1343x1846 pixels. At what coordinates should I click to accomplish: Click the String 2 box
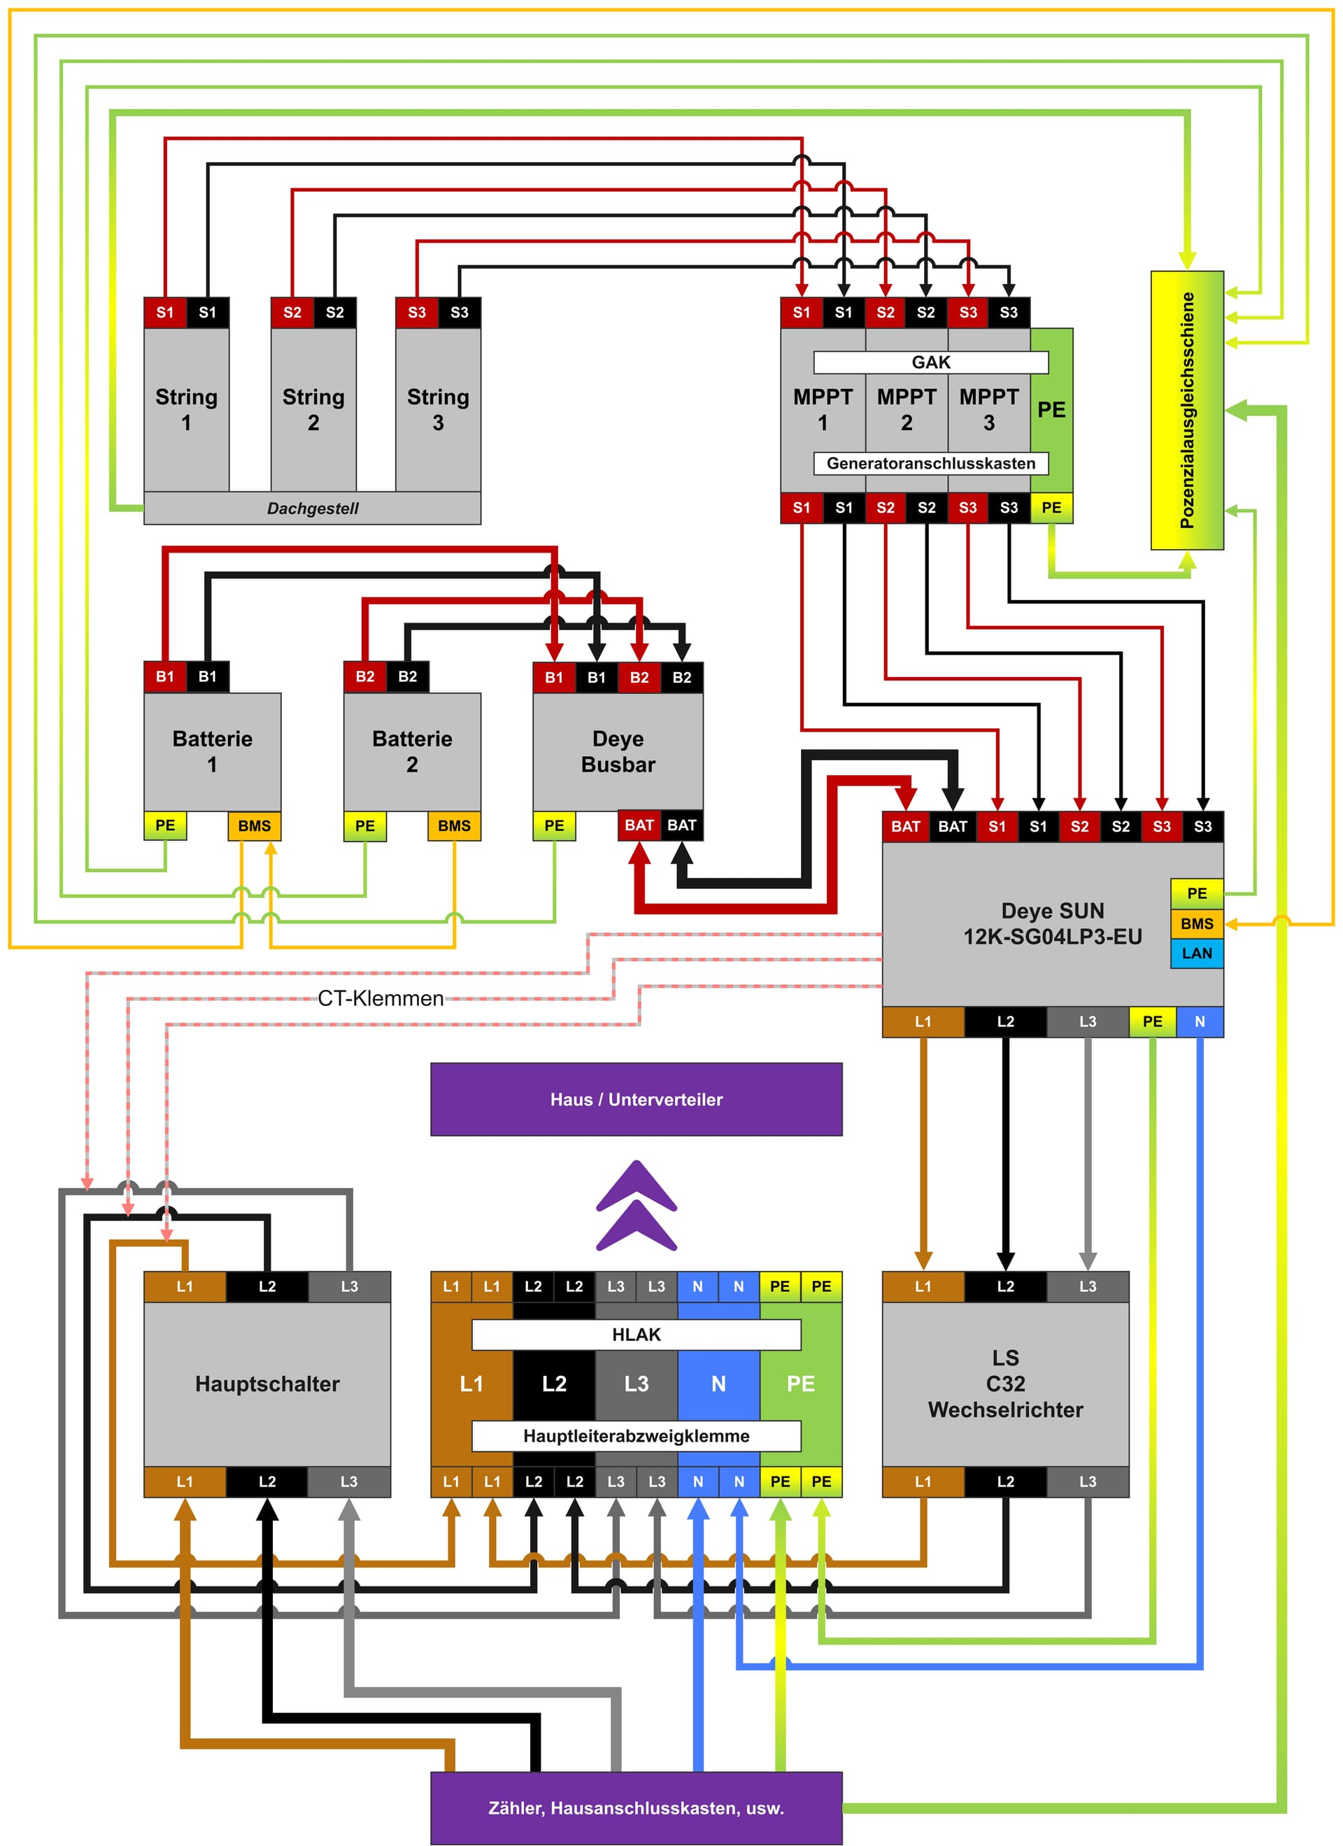tap(313, 409)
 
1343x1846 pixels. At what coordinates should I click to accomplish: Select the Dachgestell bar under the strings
tap(313, 508)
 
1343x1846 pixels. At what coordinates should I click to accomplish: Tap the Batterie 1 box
tap(213, 751)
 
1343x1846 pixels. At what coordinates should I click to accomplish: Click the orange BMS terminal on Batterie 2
tap(454, 825)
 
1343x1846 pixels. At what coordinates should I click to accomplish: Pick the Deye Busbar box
tap(618, 751)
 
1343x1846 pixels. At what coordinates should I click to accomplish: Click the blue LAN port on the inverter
tap(1197, 953)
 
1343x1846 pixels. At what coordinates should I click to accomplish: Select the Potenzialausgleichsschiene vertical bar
tap(1187, 410)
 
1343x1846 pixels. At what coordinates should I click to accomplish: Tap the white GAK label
tap(931, 362)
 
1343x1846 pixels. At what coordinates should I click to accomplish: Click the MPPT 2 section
tap(907, 409)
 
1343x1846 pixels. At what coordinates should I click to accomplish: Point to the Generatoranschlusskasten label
tap(931, 463)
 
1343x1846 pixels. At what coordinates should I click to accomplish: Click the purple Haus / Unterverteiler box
tap(637, 1099)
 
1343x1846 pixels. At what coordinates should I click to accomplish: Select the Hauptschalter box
tap(267, 1384)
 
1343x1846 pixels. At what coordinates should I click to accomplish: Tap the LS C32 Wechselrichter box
tap(1005, 1384)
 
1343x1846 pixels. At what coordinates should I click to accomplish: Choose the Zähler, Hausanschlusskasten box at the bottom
tap(637, 1808)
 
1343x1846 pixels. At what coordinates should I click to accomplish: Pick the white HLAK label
tap(637, 1334)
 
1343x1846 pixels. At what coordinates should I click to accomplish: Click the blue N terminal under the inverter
tap(1199, 1021)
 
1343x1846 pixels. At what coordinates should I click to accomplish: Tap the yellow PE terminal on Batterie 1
tap(165, 825)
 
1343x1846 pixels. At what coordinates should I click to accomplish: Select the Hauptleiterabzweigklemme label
tap(637, 1436)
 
